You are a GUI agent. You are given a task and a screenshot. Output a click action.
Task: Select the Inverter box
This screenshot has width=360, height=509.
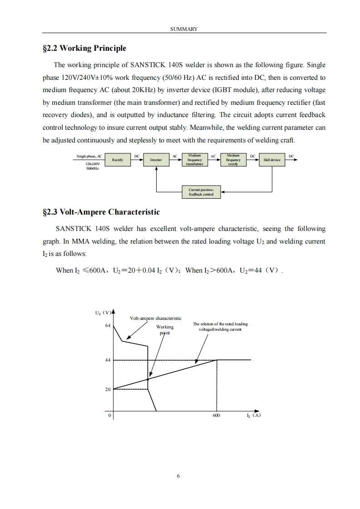click(x=156, y=160)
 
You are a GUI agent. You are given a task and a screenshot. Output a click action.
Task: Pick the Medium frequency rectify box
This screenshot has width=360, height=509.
click(x=233, y=160)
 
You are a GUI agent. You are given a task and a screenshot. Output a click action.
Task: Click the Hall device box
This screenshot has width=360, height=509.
click(x=272, y=160)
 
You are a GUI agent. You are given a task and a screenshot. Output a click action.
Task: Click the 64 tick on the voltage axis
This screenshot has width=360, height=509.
click(x=108, y=326)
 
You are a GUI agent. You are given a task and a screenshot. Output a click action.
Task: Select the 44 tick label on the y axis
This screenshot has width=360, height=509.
click(x=108, y=360)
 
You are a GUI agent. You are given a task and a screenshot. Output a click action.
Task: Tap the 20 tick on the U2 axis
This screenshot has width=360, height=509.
click(x=108, y=389)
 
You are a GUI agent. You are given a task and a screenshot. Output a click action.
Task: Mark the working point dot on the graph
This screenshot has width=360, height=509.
click(x=148, y=379)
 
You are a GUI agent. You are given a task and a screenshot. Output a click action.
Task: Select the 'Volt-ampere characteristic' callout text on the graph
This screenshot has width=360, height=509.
click(x=155, y=318)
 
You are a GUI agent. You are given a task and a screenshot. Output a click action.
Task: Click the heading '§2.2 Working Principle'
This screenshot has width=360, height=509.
click(x=84, y=48)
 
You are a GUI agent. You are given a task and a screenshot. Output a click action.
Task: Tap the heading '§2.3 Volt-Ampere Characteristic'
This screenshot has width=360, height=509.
click(x=101, y=212)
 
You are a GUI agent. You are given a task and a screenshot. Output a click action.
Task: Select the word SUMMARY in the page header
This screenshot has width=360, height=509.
click(x=184, y=29)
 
